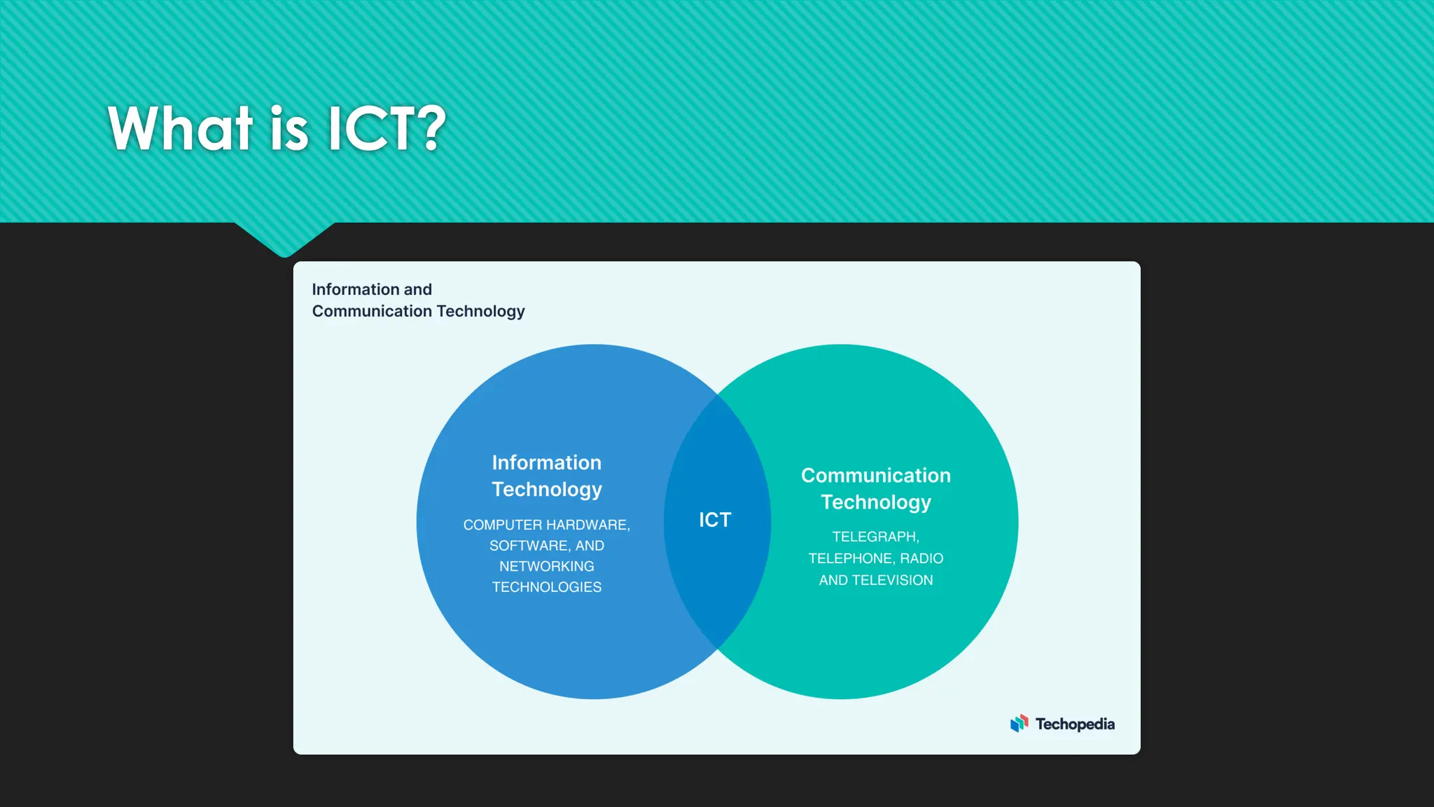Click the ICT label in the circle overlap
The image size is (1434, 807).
[715, 520]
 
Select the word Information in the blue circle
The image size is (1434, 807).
[546, 462]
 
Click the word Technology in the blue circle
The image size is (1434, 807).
[546, 489]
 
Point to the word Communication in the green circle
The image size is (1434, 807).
[875, 475]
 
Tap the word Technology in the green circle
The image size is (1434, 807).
[875, 502]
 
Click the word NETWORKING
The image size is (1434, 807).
[546, 566]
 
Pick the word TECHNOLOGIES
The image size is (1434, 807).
[546, 587]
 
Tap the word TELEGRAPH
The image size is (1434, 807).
[875, 537]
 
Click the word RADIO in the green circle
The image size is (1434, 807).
[921, 558]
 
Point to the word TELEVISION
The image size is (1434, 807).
[892, 580]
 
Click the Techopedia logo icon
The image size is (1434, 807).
[1019, 724]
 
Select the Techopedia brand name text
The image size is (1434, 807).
[1075, 724]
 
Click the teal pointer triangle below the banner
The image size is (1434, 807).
[284, 238]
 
